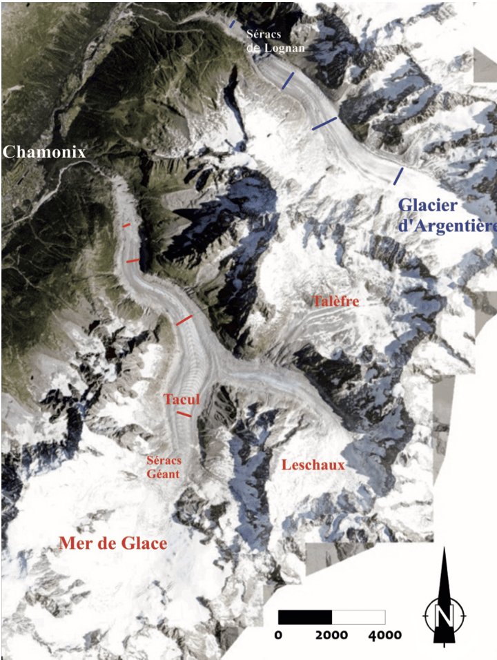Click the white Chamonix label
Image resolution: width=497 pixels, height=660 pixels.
tap(45, 151)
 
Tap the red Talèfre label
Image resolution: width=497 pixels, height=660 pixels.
tap(335, 301)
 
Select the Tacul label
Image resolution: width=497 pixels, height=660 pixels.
tap(182, 400)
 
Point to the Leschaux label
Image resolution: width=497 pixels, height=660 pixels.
tap(313, 465)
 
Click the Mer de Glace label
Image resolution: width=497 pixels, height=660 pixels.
tap(113, 543)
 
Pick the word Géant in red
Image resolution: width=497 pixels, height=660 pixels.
tap(163, 474)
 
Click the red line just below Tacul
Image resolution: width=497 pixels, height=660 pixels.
tap(184, 414)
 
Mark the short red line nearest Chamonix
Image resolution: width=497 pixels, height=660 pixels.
tap(126, 225)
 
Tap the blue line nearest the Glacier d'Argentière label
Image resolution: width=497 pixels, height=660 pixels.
tap(398, 175)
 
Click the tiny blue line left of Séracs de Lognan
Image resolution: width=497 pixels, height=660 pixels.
tap(233, 25)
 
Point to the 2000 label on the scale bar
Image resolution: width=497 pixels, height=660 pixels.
tap(331, 634)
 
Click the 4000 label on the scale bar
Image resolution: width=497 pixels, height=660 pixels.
tap(384, 634)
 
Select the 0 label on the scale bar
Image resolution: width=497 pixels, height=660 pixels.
tap(278, 634)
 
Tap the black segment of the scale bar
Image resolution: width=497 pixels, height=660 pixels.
tap(304, 617)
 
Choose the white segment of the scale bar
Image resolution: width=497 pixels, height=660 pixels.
tap(358, 617)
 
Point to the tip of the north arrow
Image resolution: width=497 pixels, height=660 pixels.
tap(442, 548)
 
